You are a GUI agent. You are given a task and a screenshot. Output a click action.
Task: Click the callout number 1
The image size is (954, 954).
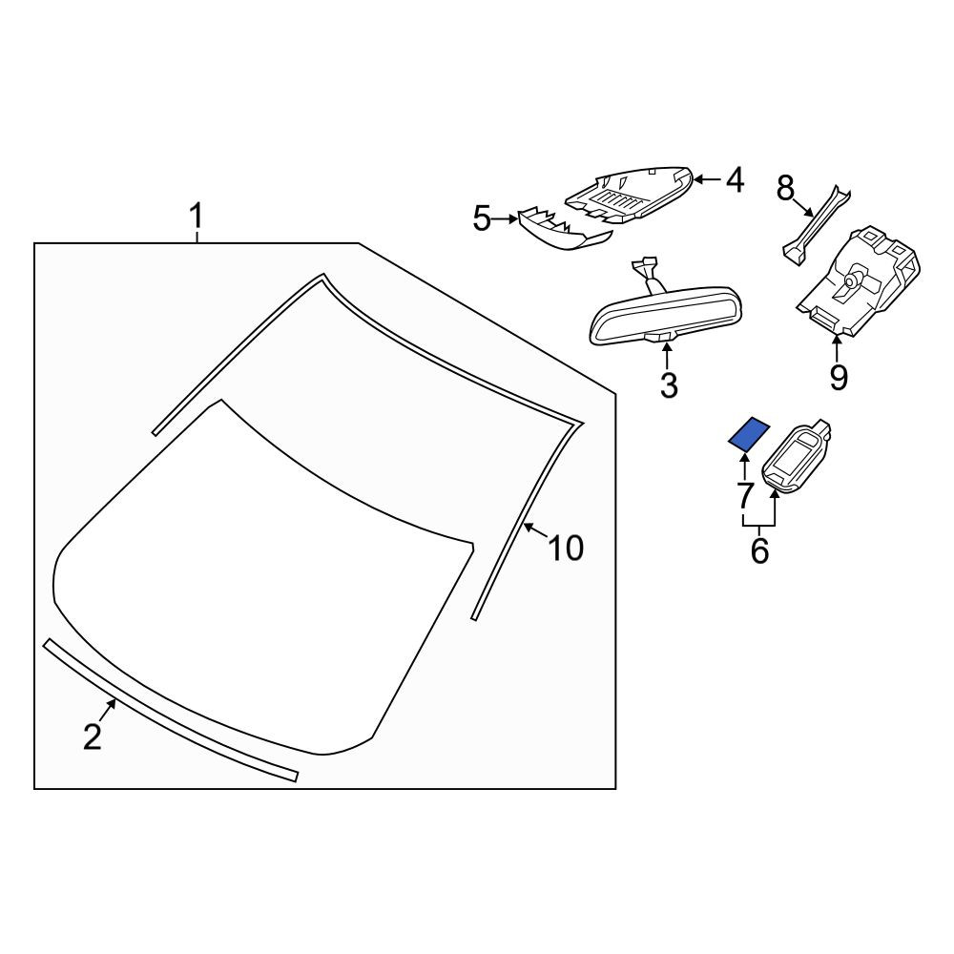pyautogui.click(x=196, y=217)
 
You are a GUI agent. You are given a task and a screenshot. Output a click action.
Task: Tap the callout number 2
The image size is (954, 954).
pyautogui.click(x=93, y=736)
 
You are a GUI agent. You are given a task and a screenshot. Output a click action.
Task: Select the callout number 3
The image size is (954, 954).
pyautogui.click(x=669, y=384)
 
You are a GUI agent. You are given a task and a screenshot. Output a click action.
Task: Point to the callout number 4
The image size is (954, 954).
pyautogui.click(x=735, y=180)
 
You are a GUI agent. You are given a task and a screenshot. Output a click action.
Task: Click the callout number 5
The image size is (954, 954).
pyautogui.click(x=481, y=218)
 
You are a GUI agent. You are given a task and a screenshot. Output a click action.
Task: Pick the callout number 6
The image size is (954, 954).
pyautogui.click(x=760, y=550)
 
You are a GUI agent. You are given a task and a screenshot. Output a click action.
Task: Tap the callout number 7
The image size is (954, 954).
pyautogui.click(x=745, y=494)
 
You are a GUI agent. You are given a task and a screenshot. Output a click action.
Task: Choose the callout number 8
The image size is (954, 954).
pyautogui.click(x=785, y=188)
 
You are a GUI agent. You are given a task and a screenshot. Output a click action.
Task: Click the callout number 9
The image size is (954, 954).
pyautogui.click(x=839, y=378)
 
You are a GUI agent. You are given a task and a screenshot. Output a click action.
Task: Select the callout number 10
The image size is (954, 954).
pyautogui.click(x=566, y=548)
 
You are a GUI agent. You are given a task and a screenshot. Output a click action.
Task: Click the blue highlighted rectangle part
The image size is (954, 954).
pyautogui.click(x=749, y=434)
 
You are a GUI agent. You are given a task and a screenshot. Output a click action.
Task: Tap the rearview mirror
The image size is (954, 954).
pyautogui.click(x=659, y=313)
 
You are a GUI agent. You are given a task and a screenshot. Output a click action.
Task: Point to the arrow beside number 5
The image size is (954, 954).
pyautogui.click(x=505, y=218)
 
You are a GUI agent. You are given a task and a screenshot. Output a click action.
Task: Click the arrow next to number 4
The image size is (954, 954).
pyautogui.click(x=707, y=179)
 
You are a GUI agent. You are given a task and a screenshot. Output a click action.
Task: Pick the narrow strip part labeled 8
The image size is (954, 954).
pyautogui.click(x=816, y=226)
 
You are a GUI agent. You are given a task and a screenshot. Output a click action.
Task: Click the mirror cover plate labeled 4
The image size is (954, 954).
pyautogui.click(x=630, y=196)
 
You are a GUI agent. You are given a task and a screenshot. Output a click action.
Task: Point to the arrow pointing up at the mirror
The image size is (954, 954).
pyautogui.click(x=668, y=355)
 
